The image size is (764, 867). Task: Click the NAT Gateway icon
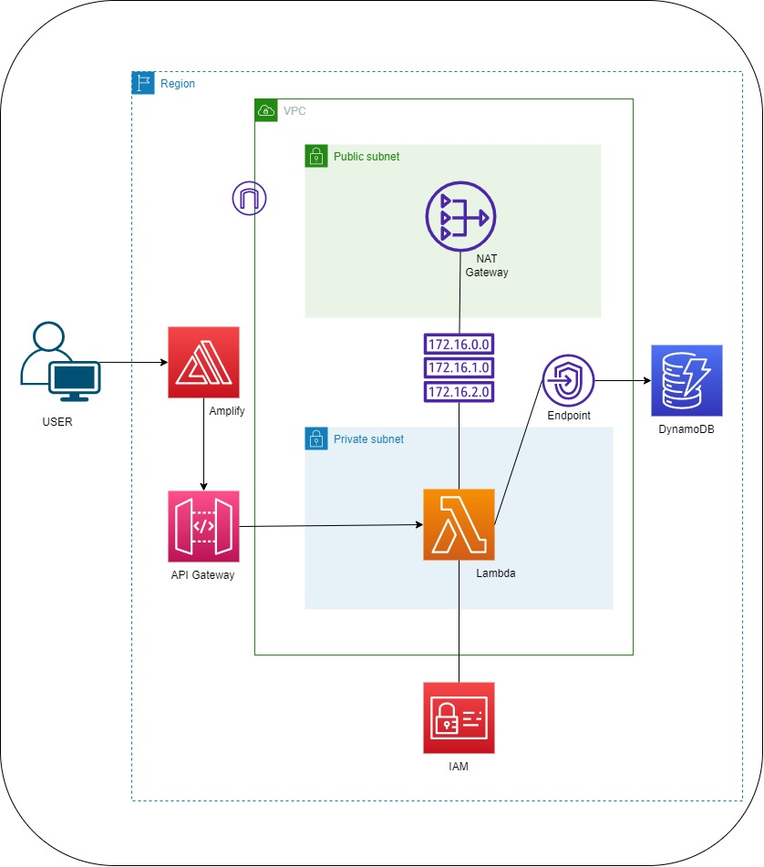click(x=459, y=217)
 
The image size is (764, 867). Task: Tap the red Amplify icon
click(x=203, y=363)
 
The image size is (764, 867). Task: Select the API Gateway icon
click(x=203, y=526)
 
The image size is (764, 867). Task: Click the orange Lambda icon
click(x=459, y=524)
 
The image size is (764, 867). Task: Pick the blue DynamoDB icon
click(x=687, y=380)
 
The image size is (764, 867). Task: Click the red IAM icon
click(x=459, y=717)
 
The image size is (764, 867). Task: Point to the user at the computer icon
click(x=60, y=362)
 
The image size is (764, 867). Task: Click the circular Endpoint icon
click(x=568, y=380)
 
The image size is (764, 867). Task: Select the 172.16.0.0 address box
click(x=459, y=345)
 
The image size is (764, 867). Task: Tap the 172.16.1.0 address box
click(x=459, y=368)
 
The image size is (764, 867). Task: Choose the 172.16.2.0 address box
click(x=459, y=392)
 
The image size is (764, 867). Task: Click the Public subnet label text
click(x=367, y=157)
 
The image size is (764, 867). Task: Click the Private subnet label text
click(x=368, y=439)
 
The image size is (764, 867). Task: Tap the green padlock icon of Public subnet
click(x=315, y=156)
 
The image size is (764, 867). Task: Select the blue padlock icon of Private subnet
click(x=315, y=439)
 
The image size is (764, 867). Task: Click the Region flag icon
click(x=143, y=84)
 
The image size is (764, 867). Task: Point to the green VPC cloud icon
click(x=265, y=110)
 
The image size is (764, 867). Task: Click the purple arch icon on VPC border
click(x=248, y=199)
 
